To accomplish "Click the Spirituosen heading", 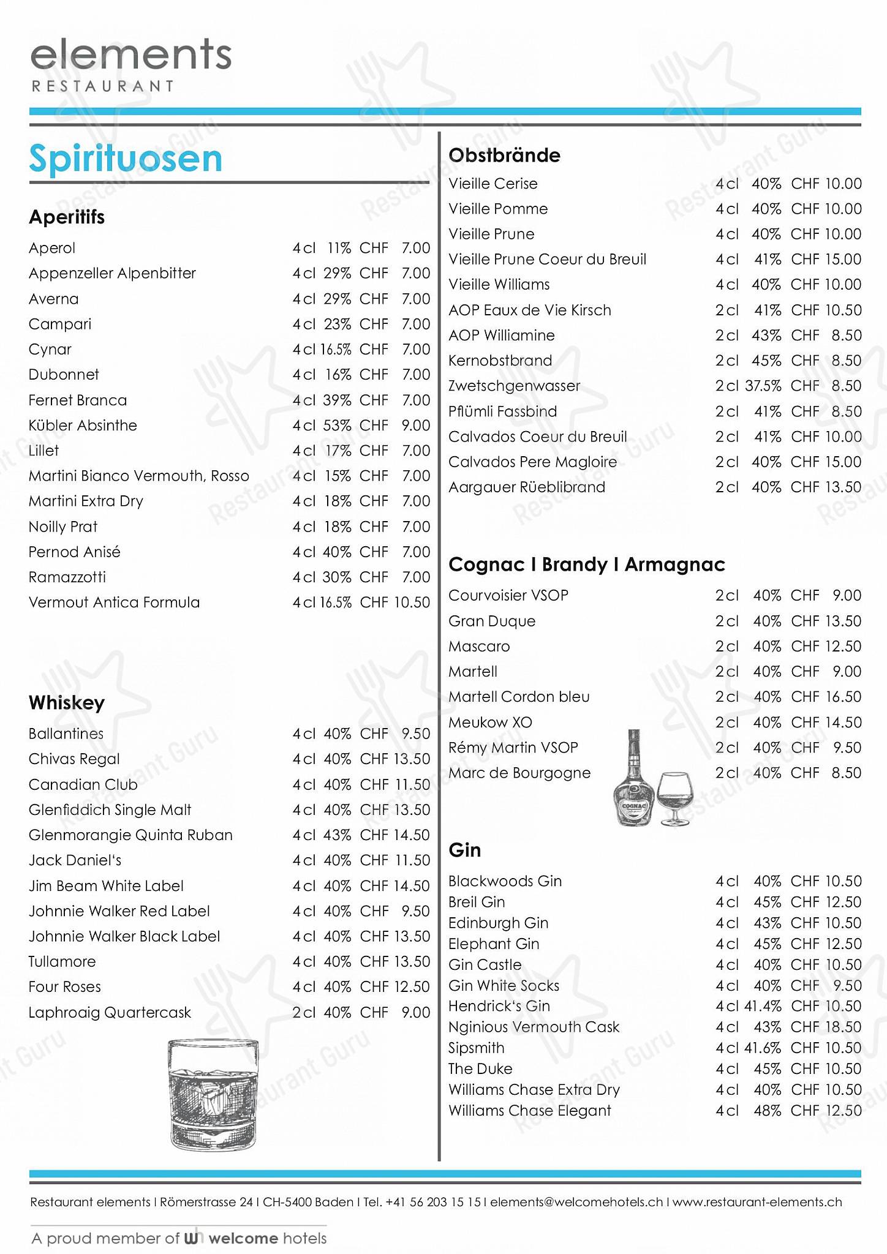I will (126, 159).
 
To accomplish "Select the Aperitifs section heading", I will (67, 217).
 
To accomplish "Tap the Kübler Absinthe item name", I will (83, 426).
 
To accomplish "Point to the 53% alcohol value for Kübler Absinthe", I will (338, 426).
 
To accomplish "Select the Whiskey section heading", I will (67, 703).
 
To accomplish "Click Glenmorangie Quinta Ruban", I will (130, 835).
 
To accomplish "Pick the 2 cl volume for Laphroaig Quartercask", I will (304, 1013).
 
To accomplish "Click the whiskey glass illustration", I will (213, 1094).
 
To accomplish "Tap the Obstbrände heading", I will (504, 156).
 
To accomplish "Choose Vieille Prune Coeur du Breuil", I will (547, 260).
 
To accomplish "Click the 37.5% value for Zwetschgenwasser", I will (763, 386).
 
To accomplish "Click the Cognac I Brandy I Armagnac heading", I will (586, 565).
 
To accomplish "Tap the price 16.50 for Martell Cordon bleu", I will (844, 697).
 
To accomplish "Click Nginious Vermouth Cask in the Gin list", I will (534, 1027).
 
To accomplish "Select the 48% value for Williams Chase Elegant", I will (768, 1111).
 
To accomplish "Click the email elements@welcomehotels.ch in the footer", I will (576, 1202).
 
